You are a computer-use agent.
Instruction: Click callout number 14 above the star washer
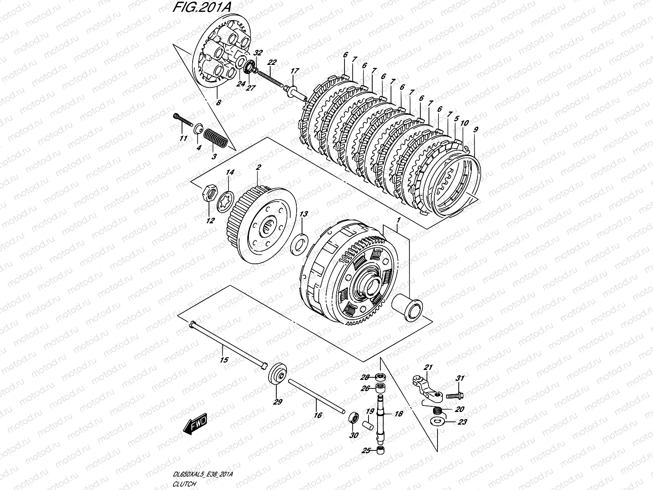(x=230, y=173)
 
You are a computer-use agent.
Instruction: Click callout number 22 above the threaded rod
(x=272, y=62)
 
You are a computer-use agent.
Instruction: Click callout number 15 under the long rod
(x=224, y=360)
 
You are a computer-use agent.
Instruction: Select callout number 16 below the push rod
(x=318, y=415)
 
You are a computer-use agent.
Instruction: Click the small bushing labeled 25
(x=381, y=450)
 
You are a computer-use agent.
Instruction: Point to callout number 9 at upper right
(x=475, y=130)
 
